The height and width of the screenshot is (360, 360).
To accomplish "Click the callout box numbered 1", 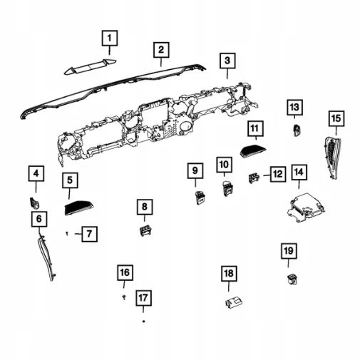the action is (x=110, y=38).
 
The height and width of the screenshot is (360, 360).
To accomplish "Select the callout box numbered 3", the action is (x=227, y=61).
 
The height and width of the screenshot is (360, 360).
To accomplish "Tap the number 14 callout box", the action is (x=299, y=172).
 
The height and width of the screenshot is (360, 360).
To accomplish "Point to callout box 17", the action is (x=143, y=298).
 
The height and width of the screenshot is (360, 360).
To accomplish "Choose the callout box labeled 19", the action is (x=289, y=251).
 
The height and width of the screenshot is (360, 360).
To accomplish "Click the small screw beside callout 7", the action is (x=67, y=234).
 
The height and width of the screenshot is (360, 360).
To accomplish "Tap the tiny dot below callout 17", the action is (x=143, y=322).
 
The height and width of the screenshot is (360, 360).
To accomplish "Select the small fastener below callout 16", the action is (x=124, y=297).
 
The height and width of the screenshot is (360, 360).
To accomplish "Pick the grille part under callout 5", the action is (x=78, y=207).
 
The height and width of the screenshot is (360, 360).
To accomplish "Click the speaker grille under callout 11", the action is (x=253, y=150).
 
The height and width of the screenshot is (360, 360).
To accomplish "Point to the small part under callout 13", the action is (x=297, y=130).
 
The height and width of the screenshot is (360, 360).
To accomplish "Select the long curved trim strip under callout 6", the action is (x=46, y=256).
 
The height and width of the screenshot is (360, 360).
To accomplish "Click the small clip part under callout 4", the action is (x=34, y=202).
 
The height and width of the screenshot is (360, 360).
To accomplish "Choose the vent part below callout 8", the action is (x=145, y=231).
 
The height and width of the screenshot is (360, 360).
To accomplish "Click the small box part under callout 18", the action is (x=234, y=302).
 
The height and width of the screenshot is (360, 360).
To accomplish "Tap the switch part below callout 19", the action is (x=292, y=279).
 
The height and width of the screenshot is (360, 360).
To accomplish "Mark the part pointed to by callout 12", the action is (x=254, y=178).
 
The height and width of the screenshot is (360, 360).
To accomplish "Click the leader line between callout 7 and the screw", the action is (x=78, y=234).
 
